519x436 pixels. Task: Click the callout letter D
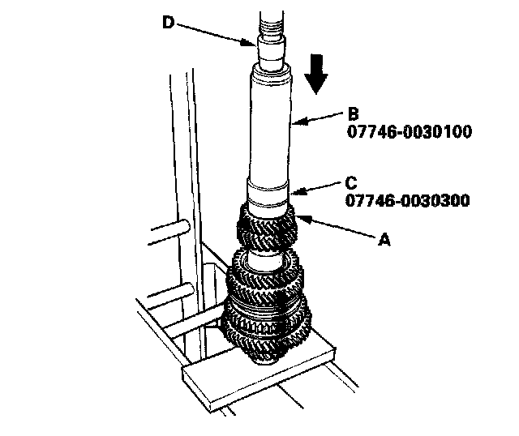(x=168, y=23)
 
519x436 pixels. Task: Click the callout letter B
(x=354, y=113)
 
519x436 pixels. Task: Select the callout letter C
(x=351, y=182)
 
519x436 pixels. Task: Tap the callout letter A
(x=384, y=240)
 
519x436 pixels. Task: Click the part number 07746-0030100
(x=410, y=131)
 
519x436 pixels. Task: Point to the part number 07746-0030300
(x=407, y=200)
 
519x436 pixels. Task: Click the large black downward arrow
(x=316, y=74)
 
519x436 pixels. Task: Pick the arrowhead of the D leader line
(x=247, y=43)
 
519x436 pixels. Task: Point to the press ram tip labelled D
(x=271, y=51)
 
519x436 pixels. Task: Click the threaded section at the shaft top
(x=272, y=24)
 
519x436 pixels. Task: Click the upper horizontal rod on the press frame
(x=169, y=233)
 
